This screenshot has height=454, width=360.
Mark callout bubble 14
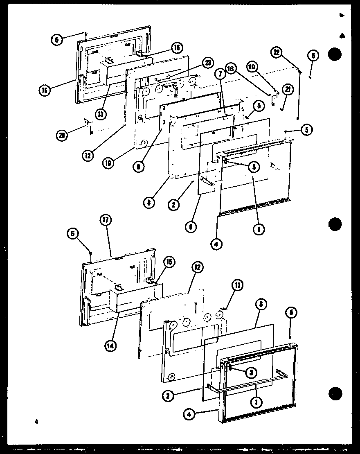click(110, 345)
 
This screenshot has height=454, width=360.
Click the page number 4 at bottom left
click(36, 411)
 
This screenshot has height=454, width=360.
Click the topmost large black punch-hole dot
click(335, 55)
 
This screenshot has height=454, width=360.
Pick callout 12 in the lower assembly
click(198, 267)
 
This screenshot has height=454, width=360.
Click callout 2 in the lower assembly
click(167, 395)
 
